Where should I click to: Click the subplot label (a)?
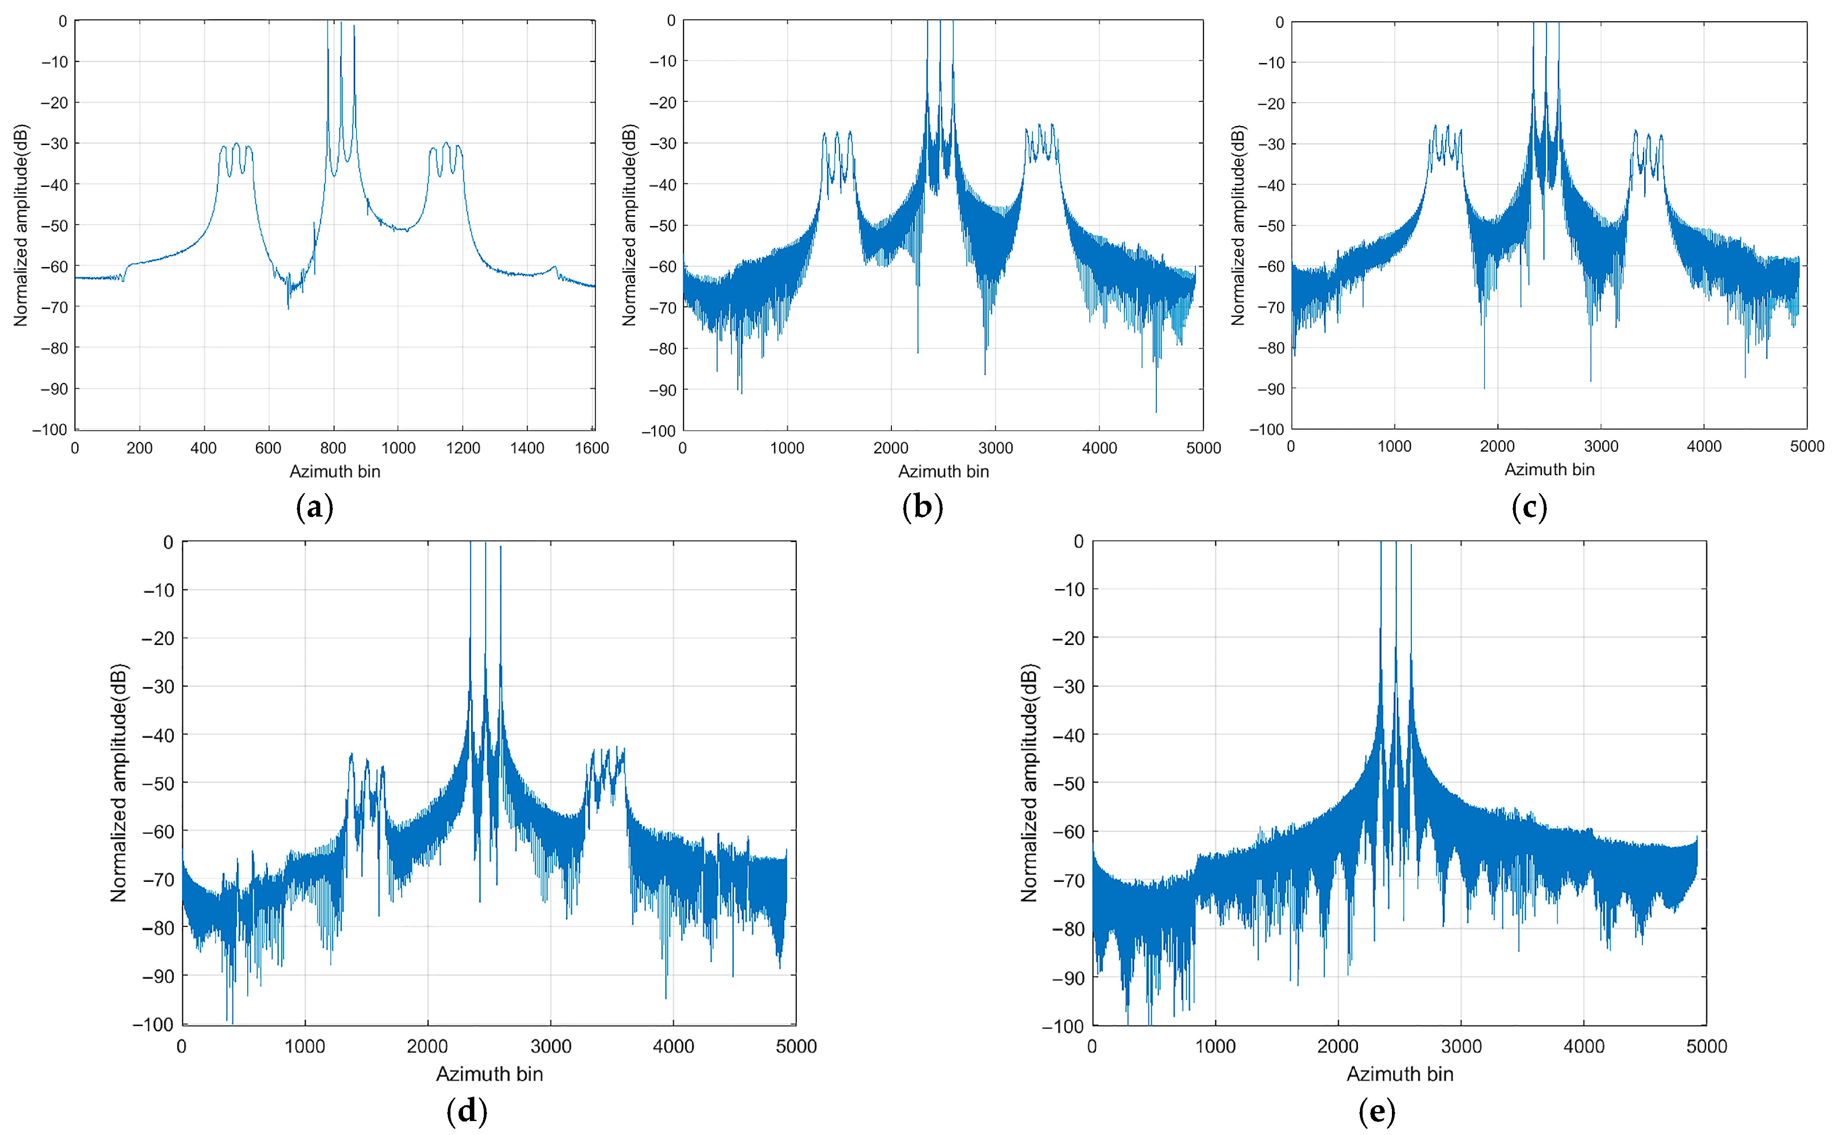click(x=314, y=508)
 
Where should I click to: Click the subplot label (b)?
click(x=923, y=508)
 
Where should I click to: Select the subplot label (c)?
click(x=1529, y=508)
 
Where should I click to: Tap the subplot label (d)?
click(x=467, y=1109)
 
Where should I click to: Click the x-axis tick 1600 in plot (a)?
click(x=591, y=448)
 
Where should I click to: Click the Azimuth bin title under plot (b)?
click(x=943, y=472)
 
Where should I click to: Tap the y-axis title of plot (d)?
click(x=118, y=782)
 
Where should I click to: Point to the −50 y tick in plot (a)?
click(x=54, y=225)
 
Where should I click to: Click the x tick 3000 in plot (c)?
click(x=1601, y=447)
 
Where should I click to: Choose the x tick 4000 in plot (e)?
click(x=1584, y=1046)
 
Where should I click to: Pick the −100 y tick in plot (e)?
click(x=1063, y=1026)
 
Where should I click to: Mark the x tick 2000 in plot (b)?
click(x=891, y=448)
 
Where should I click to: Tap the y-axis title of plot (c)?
click(x=1237, y=225)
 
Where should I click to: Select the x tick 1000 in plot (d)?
click(x=305, y=1046)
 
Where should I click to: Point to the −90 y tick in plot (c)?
click(x=1271, y=389)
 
